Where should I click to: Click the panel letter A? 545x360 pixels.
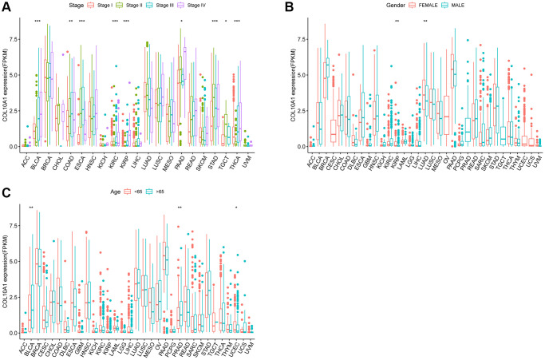(x=6, y=6)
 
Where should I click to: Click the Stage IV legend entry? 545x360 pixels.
(x=203, y=5)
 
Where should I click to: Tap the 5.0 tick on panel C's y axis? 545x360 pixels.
(x=11, y=260)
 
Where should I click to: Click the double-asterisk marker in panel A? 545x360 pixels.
(x=70, y=21)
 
